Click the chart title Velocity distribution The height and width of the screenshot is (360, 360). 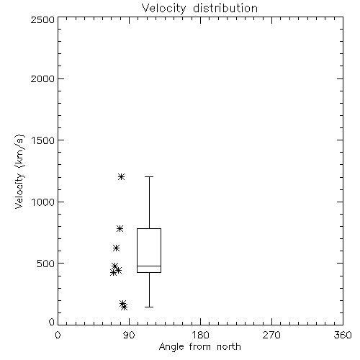click(x=199, y=9)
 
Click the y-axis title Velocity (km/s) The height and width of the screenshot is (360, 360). click(x=19, y=171)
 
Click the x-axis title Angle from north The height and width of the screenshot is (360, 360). click(x=200, y=347)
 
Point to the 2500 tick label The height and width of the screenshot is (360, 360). click(x=42, y=19)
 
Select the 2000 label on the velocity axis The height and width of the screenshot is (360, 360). click(x=42, y=78)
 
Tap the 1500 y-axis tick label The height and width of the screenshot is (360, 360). click(x=43, y=140)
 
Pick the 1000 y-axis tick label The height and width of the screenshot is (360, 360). click(x=43, y=202)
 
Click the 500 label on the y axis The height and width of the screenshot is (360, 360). click(x=46, y=264)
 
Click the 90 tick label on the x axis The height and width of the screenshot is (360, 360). click(x=129, y=335)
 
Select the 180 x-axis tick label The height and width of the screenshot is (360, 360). click(x=200, y=335)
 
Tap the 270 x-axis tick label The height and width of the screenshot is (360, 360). click(x=271, y=335)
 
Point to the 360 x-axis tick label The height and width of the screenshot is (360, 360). click(x=343, y=335)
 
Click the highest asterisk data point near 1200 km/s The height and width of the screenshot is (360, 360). click(x=121, y=177)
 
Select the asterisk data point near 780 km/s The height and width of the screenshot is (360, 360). click(x=120, y=229)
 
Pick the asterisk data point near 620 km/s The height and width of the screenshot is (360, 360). click(x=116, y=248)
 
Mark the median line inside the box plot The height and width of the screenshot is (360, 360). click(x=149, y=266)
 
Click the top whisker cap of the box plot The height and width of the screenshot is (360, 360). click(x=149, y=177)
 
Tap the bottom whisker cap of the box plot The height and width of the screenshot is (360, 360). click(x=149, y=307)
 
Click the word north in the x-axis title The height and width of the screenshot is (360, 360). click(x=229, y=347)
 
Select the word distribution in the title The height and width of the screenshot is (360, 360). click(x=225, y=9)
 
